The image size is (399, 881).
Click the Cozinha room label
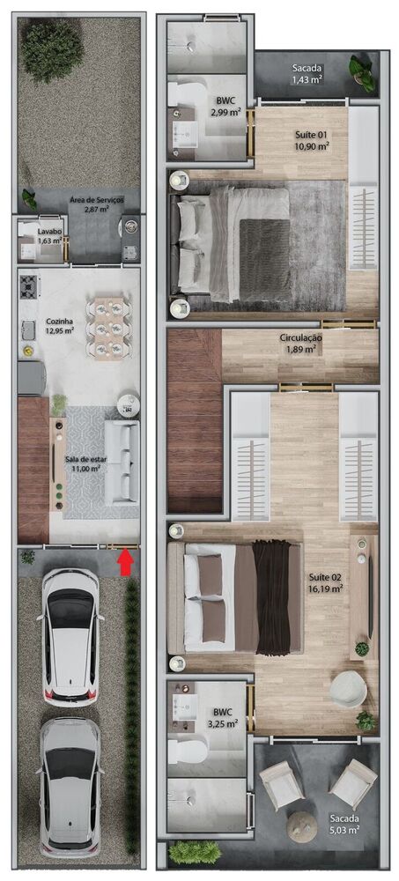pos(59,326)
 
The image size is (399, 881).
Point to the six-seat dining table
pos(109,327)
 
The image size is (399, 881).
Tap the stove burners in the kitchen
pos(29,285)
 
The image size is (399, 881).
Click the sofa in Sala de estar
pos(122,462)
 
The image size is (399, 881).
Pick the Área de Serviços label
pos(97,204)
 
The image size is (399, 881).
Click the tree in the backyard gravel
pos(52,39)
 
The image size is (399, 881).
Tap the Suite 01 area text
pos(312,140)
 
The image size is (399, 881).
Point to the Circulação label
pos(300,343)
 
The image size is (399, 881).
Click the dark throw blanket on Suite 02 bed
pos(272,596)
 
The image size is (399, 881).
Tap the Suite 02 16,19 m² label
pos(325,583)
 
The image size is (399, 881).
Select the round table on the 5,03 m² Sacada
pos(302,827)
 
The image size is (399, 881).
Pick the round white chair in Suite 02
pos(348,688)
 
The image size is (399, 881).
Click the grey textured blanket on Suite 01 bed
pos(263,255)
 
